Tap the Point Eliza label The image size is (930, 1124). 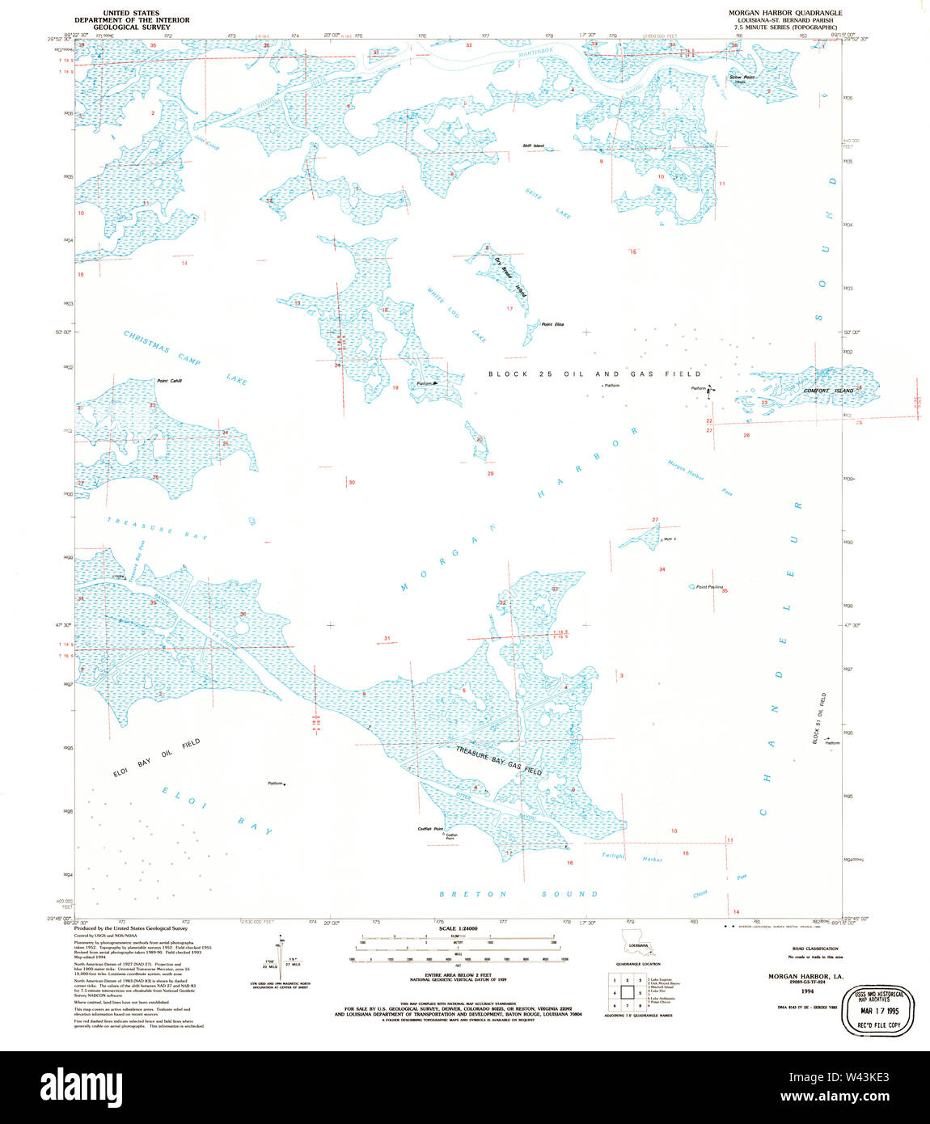(x=552, y=324)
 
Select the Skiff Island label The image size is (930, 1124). (x=532, y=146)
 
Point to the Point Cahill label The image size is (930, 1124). (x=169, y=380)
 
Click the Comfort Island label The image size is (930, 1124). (x=827, y=391)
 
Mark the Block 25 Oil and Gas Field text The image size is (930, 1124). (x=594, y=374)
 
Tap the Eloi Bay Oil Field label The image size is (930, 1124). (x=156, y=758)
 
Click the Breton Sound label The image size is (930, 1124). (x=518, y=894)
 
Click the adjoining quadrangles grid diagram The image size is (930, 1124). (x=622, y=991)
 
